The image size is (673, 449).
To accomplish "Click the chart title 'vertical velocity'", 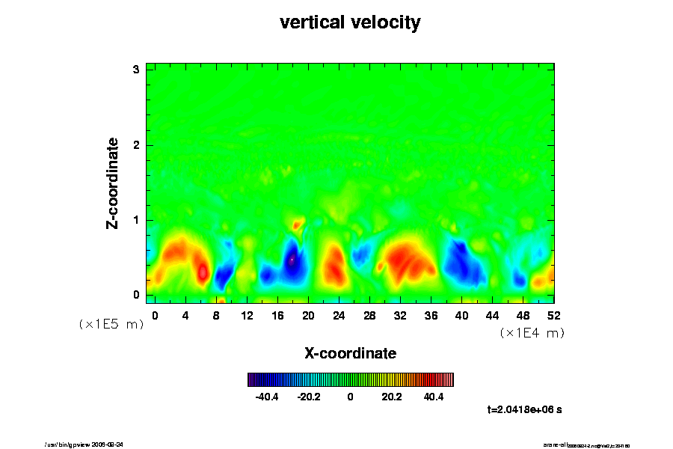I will point(350,22).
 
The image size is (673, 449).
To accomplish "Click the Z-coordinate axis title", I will point(113,183).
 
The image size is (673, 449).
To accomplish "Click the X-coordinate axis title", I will point(350,352).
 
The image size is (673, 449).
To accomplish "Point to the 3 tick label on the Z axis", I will point(137,70).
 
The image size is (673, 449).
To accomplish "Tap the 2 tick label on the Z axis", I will point(137,144).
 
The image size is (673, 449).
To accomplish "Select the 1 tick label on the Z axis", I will point(137,220).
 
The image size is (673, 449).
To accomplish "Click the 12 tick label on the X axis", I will point(247,316).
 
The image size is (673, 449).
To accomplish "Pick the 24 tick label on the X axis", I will point(339,316).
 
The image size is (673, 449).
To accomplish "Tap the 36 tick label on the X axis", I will point(431,316).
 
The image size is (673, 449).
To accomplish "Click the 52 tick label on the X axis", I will point(553,316).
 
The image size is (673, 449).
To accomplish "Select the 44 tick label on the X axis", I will point(492,316).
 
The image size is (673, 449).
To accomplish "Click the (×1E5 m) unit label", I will point(111,324).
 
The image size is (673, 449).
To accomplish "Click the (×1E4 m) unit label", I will point(532,333).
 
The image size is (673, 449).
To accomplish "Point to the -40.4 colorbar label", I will point(267,397).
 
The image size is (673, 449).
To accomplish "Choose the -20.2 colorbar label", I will point(309,397).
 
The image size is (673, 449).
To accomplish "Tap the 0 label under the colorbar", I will point(350,397).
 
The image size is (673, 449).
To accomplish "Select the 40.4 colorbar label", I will point(434,397).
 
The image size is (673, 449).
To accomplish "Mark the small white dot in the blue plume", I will point(292,260).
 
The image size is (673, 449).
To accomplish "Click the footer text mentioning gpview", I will point(90,444).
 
